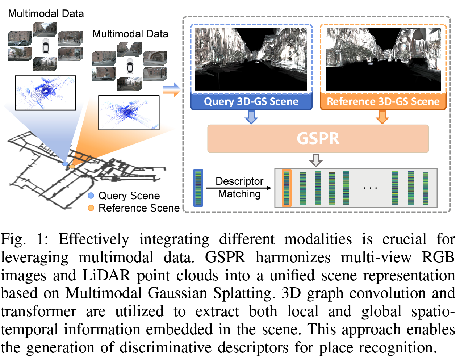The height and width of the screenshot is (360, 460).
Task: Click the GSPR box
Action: click(318, 139)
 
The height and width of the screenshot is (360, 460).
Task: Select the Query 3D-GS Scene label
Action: click(251, 101)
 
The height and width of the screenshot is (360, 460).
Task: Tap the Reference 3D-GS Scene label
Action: click(383, 101)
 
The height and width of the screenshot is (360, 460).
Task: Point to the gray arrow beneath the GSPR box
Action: click(316, 159)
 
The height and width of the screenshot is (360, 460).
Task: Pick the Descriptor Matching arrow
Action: click(239, 188)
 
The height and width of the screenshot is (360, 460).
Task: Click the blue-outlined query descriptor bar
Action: click(198, 188)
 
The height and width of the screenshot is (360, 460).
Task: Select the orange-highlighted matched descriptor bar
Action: click(287, 188)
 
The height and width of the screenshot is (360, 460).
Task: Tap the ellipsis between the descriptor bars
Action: click(370, 188)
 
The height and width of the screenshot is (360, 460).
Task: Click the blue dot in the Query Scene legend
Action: click(91, 196)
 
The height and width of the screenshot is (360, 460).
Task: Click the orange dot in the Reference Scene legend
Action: click(91, 208)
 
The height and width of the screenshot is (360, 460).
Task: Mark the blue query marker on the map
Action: click(65, 164)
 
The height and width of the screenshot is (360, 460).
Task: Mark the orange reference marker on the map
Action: click(72, 167)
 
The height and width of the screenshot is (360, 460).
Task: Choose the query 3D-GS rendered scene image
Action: click(251, 59)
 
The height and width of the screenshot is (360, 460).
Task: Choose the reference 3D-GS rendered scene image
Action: click(383, 59)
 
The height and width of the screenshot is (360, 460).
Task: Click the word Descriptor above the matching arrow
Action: click(239, 181)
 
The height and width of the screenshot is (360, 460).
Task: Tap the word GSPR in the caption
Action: click(225, 258)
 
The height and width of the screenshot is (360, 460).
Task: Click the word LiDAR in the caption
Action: click(106, 276)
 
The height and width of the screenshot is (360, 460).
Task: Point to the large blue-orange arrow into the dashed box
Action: click(171, 90)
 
